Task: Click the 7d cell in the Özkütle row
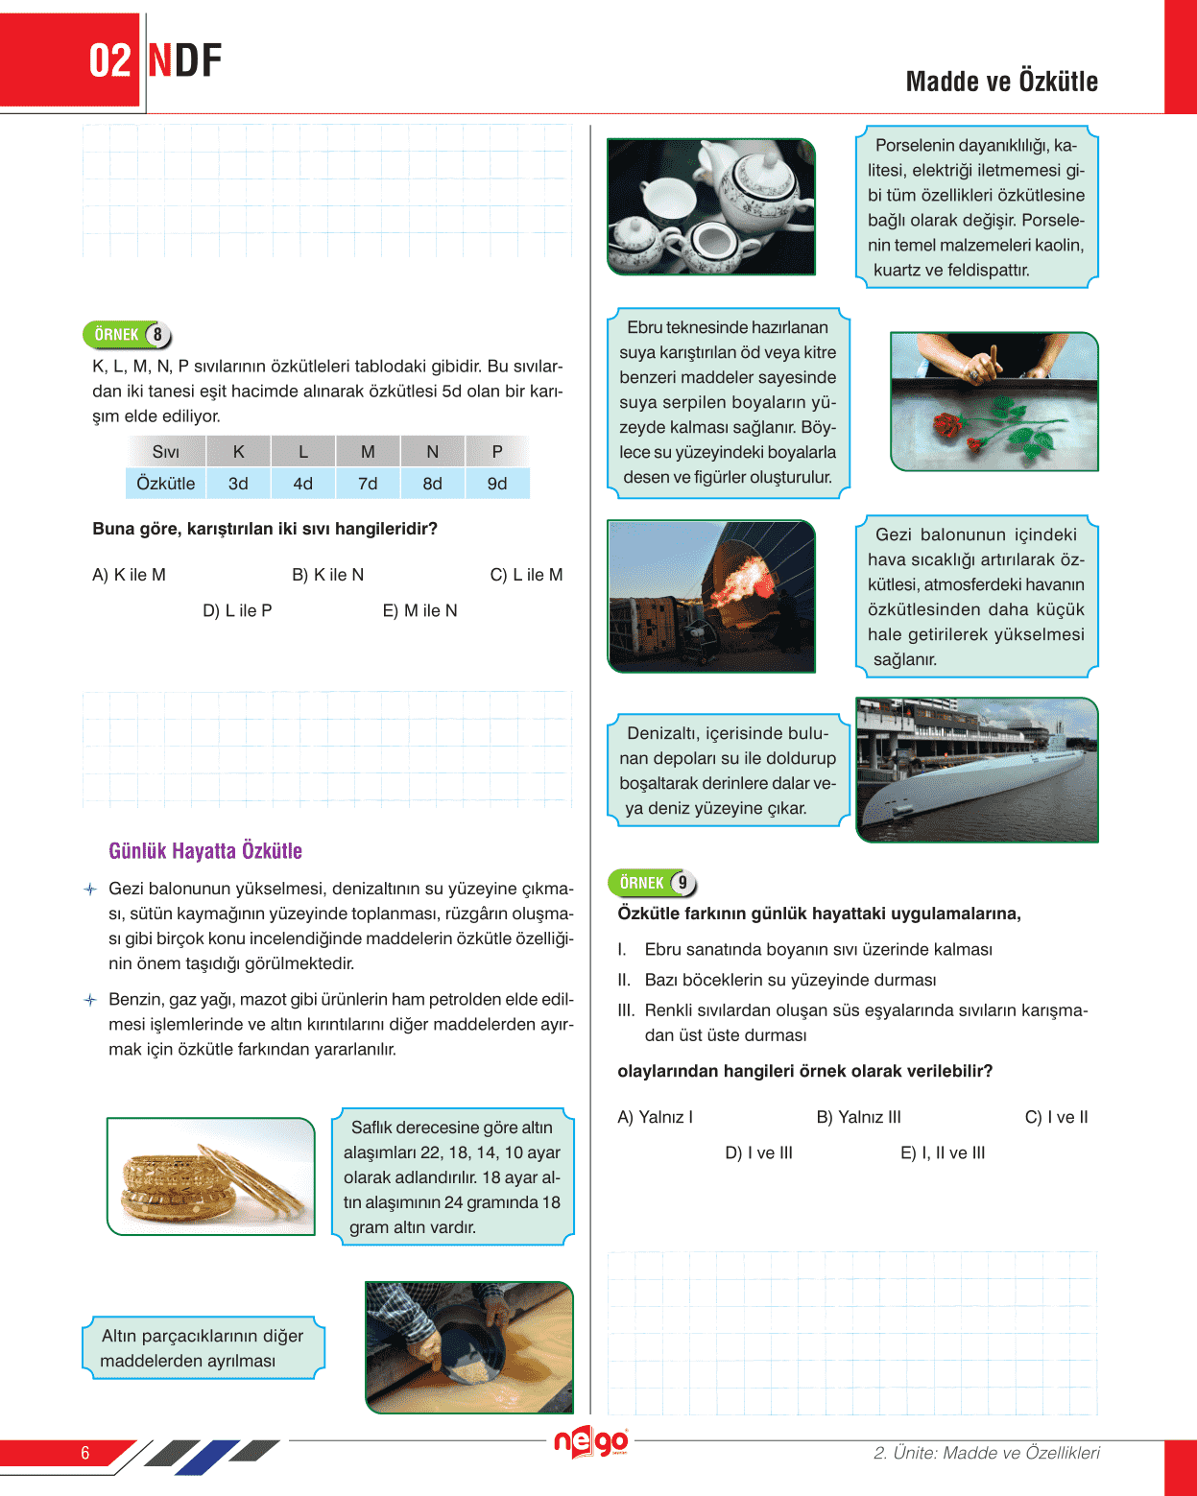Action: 368,484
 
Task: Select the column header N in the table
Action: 432,451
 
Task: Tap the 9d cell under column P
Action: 497,484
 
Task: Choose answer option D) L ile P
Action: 237,610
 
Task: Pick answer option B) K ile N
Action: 327,575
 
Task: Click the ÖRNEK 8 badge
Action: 127,334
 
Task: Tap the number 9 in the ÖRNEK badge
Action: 682,883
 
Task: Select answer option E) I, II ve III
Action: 943,1152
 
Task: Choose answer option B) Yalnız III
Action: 858,1117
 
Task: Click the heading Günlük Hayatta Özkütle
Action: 205,851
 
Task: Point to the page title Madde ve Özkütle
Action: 1001,82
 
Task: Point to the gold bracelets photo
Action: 211,1176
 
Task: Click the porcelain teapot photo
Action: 711,206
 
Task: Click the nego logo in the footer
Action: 591,1442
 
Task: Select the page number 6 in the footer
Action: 85,1453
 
